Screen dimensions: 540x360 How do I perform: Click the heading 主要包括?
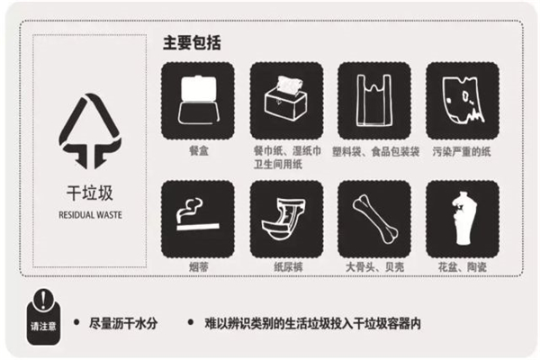[x=192, y=43]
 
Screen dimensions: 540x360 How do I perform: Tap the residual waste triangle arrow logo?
[x=90, y=131]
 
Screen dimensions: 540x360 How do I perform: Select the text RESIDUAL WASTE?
[x=90, y=215]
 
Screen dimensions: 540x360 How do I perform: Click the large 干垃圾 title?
[x=89, y=193]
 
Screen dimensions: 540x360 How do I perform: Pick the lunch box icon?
[x=198, y=101]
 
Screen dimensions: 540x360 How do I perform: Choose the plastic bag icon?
[x=374, y=101]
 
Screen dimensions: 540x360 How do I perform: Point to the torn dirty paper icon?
[x=463, y=101]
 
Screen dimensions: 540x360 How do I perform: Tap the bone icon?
[x=374, y=219]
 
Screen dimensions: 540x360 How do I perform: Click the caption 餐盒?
[x=199, y=150]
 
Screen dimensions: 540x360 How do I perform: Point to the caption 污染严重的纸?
[x=462, y=151]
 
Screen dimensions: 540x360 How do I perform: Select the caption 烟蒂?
[x=199, y=266]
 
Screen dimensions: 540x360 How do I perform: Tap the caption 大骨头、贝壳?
[x=374, y=266]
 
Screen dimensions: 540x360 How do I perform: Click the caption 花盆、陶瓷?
[x=463, y=266]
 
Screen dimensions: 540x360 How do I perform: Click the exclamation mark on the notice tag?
[x=43, y=300]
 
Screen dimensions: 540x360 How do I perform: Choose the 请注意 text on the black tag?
[x=43, y=326]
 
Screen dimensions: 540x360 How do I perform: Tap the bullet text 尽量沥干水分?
[x=123, y=323]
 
